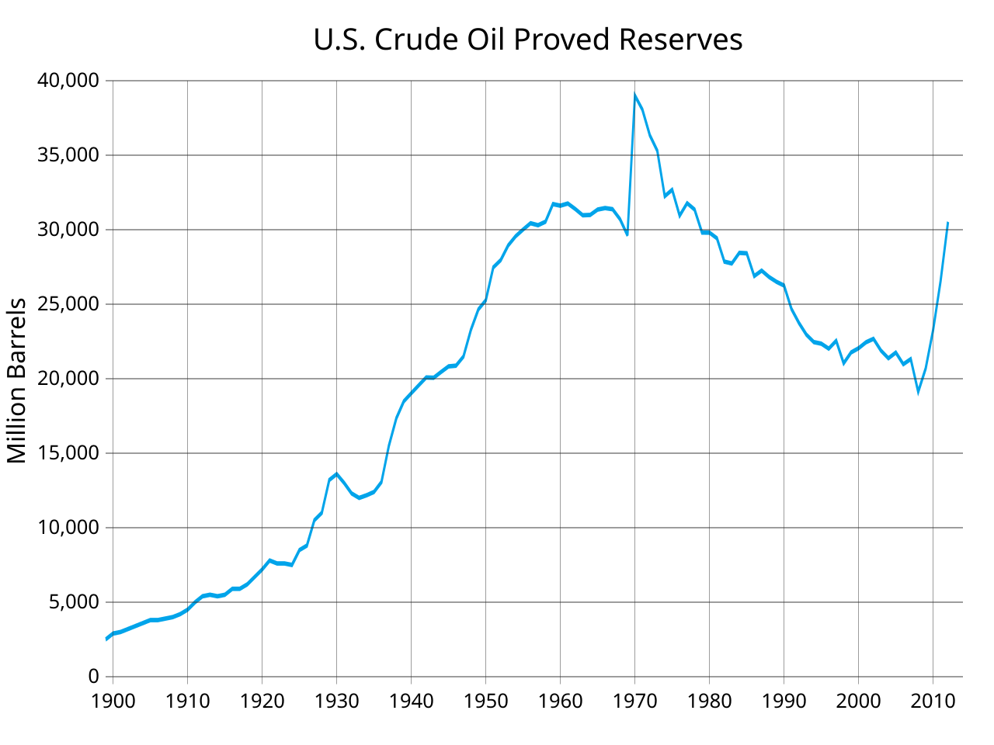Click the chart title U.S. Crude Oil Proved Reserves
pos(528,40)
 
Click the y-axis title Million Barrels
pos(17,380)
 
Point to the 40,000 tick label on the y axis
pos(68,81)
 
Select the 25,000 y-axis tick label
pos(68,304)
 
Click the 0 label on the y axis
pos(93,677)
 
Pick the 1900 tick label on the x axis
pos(113,701)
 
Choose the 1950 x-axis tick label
pos(485,701)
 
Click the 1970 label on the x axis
pos(634,701)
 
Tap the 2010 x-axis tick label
pos(933,701)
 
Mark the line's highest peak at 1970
pos(635,95)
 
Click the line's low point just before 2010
pos(918,392)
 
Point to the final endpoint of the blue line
pos(947,223)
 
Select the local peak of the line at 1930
pos(336,473)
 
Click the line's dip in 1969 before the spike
pos(627,234)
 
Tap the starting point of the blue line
pos(106,639)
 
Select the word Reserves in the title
pos(681,40)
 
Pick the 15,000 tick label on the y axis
pos(68,453)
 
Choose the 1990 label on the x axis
pos(784,701)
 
